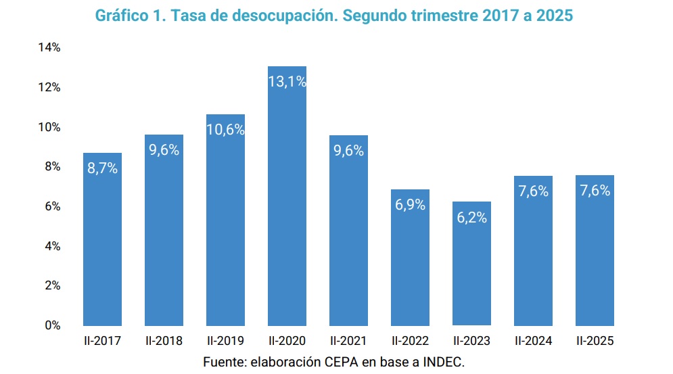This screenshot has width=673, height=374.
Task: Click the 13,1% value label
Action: [x=287, y=81]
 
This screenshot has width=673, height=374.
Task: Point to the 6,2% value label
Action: [x=471, y=218]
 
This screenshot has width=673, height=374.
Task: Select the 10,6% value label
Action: [x=225, y=130]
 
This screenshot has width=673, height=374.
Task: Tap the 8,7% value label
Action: [x=102, y=168]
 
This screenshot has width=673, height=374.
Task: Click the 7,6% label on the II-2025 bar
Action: [x=595, y=191]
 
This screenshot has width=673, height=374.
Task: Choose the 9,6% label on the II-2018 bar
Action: [x=164, y=150]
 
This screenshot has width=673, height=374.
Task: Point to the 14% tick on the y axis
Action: [x=49, y=48]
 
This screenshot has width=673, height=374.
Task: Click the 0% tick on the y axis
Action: [x=52, y=325]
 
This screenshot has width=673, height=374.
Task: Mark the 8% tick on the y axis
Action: [x=52, y=166]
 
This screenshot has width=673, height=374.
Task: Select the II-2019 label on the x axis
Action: [x=225, y=341]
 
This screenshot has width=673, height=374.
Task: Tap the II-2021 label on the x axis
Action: [x=348, y=341]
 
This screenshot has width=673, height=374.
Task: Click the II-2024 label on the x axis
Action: [x=533, y=341]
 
